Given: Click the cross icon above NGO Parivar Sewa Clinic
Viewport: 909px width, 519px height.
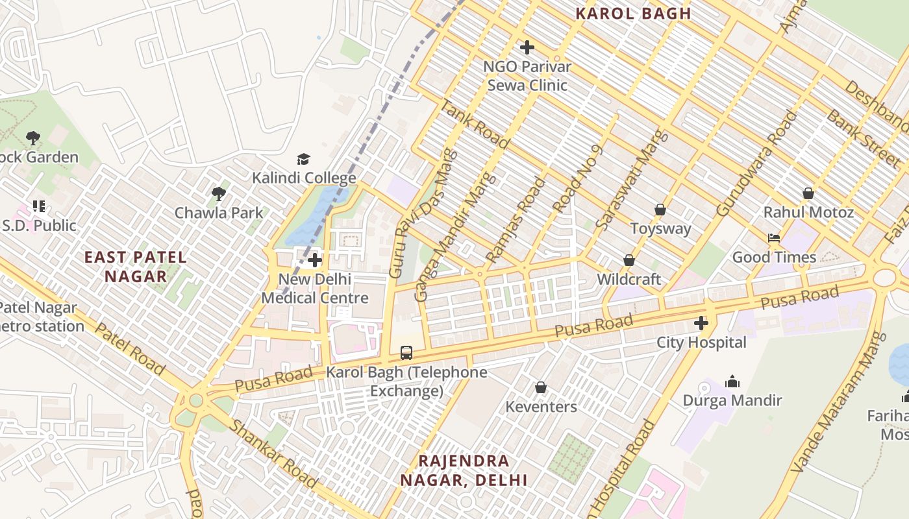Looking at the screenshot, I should [x=527, y=47].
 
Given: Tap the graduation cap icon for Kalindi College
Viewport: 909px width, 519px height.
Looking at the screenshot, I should [x=303, y=159].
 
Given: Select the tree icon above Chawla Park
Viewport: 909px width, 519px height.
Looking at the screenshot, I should [x=219, y=193].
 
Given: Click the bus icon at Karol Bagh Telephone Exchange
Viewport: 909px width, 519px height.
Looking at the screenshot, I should [x=406, y=353].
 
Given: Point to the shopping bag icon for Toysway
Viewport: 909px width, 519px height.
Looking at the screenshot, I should [x=660, y=210].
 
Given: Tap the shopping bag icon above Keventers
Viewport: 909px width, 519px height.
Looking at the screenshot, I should [x=540, y=388].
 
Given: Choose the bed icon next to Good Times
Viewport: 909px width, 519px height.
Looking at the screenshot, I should [x=774, y=238].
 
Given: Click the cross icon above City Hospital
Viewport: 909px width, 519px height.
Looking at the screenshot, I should [x=701, y=323].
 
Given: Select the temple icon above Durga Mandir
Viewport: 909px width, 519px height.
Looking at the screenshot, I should [x=732, y=381].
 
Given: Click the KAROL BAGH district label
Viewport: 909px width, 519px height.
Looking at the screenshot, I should [x=633, y=14].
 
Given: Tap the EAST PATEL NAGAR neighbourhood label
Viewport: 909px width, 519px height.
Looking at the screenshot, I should [x=136, y=267].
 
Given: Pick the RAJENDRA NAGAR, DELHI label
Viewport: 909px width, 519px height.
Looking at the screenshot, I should [x=464, y=471].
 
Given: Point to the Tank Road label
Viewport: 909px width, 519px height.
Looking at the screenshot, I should [x=475, y=125].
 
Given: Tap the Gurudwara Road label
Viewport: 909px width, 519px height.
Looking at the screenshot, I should [x=756, y=163].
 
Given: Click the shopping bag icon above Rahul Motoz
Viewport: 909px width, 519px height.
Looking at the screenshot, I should [x=808, y=193].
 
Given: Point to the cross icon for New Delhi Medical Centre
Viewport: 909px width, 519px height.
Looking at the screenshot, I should [x=315, y=260].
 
